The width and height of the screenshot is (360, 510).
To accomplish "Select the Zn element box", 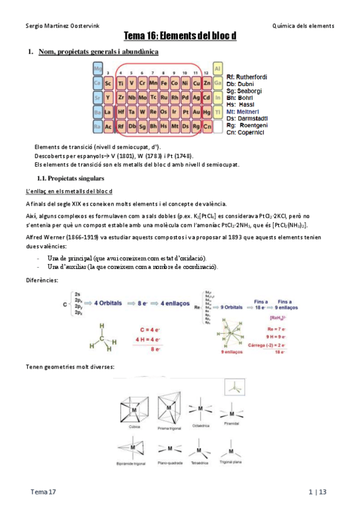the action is pyautogui.click(x=207, y=83).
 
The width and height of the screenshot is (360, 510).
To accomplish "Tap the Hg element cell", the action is pyautogui.click(x=207, y=112).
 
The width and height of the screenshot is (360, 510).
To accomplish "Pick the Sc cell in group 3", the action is pyautogui.click(x=108, y=83).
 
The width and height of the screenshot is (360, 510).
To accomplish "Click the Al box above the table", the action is pyautogui.click(x=218, y=68).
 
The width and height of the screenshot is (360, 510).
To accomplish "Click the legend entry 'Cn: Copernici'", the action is pyautogui.click(x=246, y=132).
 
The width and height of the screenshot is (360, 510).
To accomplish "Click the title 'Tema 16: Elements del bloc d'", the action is pyautogui.click(x=180, y=36).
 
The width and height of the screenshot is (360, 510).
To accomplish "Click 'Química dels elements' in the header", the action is pyautogui.click(x=303, y=25).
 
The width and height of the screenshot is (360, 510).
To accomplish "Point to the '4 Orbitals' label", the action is pyautogui.click(x=111, y=303).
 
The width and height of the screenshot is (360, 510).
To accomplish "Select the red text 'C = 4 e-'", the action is pyautogui.click(x=148, y=330).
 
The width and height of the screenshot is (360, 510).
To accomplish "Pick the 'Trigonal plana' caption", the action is pyautogui.click(x=230, y=464).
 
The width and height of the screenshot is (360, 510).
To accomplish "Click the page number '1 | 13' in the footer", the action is pyautogui.click(x=317, y=493).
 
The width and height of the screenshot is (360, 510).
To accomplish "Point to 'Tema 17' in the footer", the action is pyautogui.click(x=44, y=493).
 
